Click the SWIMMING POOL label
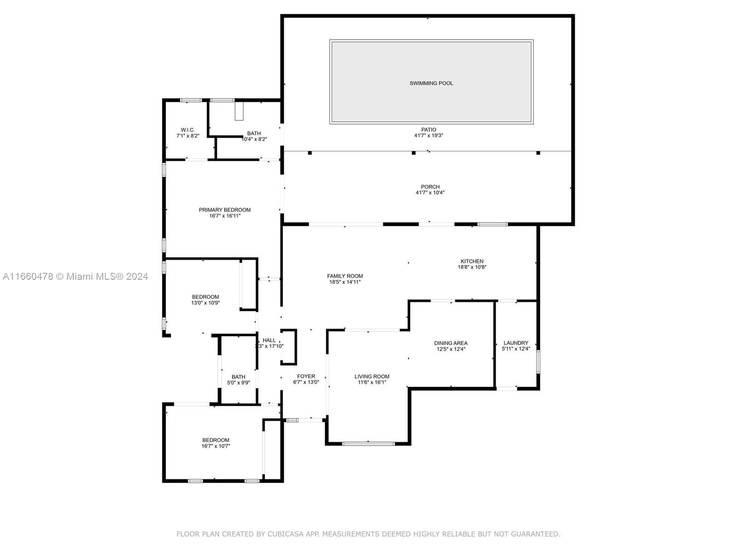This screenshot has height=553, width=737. click(x=431, y=83)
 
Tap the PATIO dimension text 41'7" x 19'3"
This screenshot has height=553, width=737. click(x=429, y=135)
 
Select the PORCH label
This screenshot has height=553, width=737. click(x=430, y=187)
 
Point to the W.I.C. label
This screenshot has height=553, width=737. click(x=187, y=130)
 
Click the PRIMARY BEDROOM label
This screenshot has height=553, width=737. click(x=225, y=210)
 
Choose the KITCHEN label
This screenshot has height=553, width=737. click(x=472, y=261)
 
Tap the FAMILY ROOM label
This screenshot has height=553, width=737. click(x=345, y=276)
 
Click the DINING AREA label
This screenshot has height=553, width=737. click(x=450, y=343)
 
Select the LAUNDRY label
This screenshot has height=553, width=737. click(x=516, y=343)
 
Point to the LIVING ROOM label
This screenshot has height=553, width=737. click(x=372, y=377)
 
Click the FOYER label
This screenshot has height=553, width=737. click(x=306, y=377)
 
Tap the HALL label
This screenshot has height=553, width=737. click(x=269, y=340)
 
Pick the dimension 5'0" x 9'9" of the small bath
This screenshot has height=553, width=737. click(x=239, y=382)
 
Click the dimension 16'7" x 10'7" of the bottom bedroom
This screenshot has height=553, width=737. click(x=216, y=446)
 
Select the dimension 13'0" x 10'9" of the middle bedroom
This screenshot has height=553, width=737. click(x=205, y=302)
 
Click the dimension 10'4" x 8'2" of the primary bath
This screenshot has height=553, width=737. click(x=254, y=139)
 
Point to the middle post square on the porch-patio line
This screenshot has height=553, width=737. click(x=414, y=153)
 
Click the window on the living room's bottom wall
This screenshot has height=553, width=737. click(x=368, y=443)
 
